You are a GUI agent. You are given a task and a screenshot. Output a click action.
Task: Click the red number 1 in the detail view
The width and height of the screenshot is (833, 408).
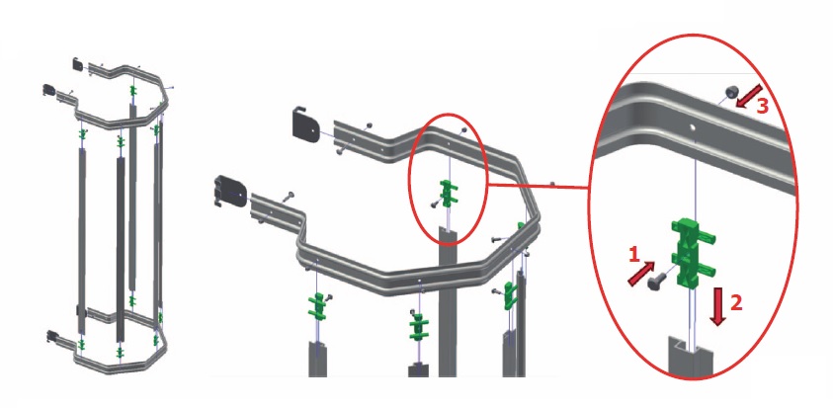[x=634, y=256]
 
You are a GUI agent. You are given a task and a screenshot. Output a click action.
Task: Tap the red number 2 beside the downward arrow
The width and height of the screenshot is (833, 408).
[x=736, y=303]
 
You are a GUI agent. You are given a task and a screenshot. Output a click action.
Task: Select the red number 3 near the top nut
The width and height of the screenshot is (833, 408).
[x=762, y=107]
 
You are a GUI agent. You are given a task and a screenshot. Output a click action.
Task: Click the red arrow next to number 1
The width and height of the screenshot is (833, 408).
[x=641, y=273]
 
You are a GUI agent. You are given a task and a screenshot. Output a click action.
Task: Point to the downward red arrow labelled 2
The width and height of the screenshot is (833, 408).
[x=717, y=307]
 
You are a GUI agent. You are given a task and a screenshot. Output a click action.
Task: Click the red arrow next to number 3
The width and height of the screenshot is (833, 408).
[x=749, y=96]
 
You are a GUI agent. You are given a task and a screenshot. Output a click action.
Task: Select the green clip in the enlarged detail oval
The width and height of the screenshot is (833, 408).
[x=693, y=252]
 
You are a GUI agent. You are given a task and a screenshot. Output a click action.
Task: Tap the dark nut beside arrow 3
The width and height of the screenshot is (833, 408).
[x=731, y=92]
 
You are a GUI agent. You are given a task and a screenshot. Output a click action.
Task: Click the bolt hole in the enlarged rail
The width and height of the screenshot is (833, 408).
[x=693, y=127]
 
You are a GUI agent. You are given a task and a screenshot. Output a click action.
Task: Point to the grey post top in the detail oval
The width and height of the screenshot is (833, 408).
[x=690, y=357]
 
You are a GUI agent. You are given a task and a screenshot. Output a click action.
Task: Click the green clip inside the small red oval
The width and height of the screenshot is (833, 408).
[x=448, y=194]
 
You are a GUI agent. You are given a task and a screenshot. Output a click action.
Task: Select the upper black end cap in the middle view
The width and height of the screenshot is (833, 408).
[x=306, y=124]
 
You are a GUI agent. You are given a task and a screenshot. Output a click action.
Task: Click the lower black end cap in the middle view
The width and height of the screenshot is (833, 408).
[x=229, y=191]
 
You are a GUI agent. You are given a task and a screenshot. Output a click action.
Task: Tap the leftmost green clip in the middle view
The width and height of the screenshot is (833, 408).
[x=317, y=306]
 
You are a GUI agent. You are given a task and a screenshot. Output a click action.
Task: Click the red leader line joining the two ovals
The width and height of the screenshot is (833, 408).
[x=538, y=186]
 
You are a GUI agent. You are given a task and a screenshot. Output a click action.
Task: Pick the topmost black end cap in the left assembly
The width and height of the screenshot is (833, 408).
[x=78, y=64]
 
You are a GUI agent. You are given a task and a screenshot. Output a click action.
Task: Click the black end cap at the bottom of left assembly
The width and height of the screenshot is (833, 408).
[x=53, y=336]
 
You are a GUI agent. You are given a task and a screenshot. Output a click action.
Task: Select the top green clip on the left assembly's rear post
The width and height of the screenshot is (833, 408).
[x=131, y=91]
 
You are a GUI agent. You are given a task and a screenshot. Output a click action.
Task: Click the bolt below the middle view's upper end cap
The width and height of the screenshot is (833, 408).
[x=341, y=151]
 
